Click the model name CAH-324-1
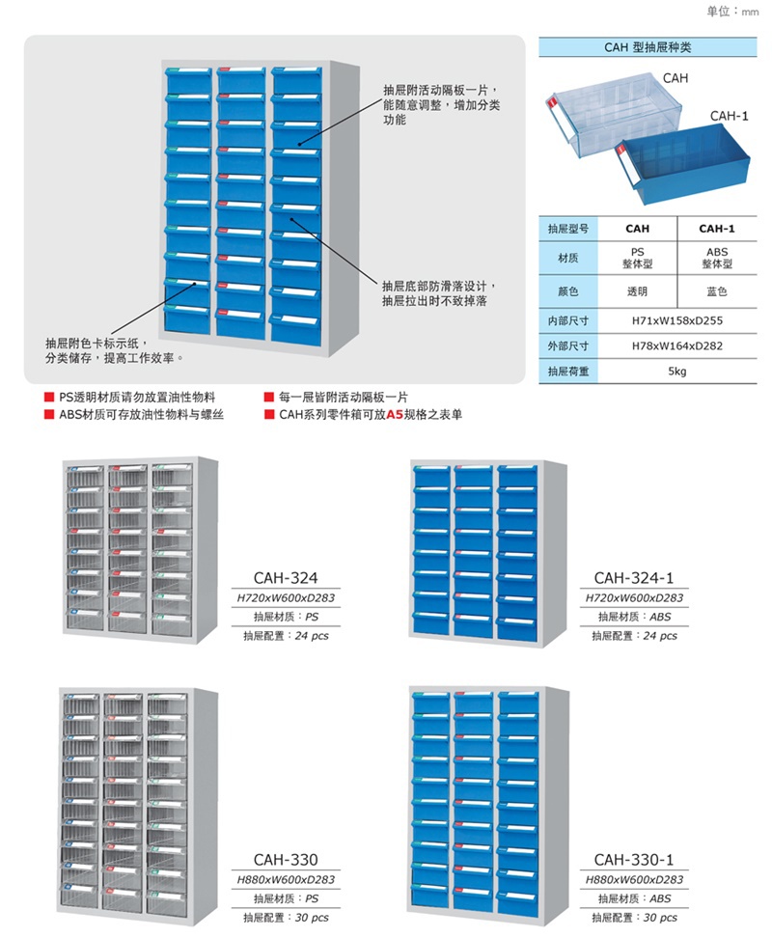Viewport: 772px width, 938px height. [x=633, y=578]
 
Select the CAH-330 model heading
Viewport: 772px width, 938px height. [x=286, y=860]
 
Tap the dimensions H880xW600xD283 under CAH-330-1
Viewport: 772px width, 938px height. [x=634, y=879]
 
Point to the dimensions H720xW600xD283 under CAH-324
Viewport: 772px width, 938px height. [x=286, y=597]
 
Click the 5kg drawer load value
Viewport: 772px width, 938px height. [x=676, y=372]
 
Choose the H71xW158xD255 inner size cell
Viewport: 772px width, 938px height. [x=676, y=320]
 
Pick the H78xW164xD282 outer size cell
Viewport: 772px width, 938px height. [x=676, y=345]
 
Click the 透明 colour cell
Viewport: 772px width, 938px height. [x=637, y=291]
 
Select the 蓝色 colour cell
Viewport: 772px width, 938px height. [x=716, y=291]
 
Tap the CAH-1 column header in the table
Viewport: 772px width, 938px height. [x=716, y=229]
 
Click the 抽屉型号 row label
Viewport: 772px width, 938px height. [x=568, y=229]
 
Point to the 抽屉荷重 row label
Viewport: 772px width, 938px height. [x=568, y=372]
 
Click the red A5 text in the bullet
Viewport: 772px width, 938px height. [x=395, y=414]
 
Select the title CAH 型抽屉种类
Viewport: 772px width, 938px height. [x=648, y=47]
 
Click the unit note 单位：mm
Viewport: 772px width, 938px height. [x=732, y=12]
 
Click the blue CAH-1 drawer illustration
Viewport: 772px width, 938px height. [x=683, y=163]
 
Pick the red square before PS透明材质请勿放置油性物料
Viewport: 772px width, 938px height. [x=49, y=398]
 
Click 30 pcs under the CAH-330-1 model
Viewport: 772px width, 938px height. [x=660, y=918]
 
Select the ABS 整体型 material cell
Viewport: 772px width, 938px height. [x=716, y=258]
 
